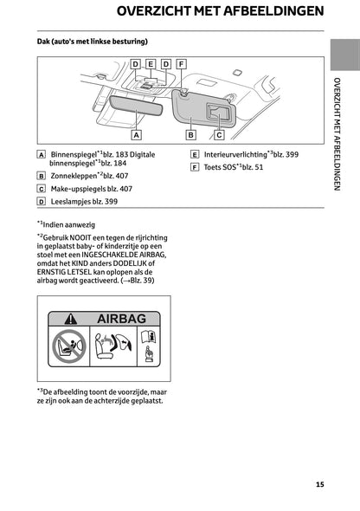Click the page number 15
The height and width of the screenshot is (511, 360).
pyautogui.click(x=320, y=484)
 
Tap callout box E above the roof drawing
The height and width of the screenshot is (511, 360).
pyautogui.click(x=151, y=64)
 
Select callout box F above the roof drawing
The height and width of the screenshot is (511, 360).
pyautogui.click(x=179, y=64)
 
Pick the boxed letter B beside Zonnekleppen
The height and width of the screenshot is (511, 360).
pyautogui.click(x=42, y=175)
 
